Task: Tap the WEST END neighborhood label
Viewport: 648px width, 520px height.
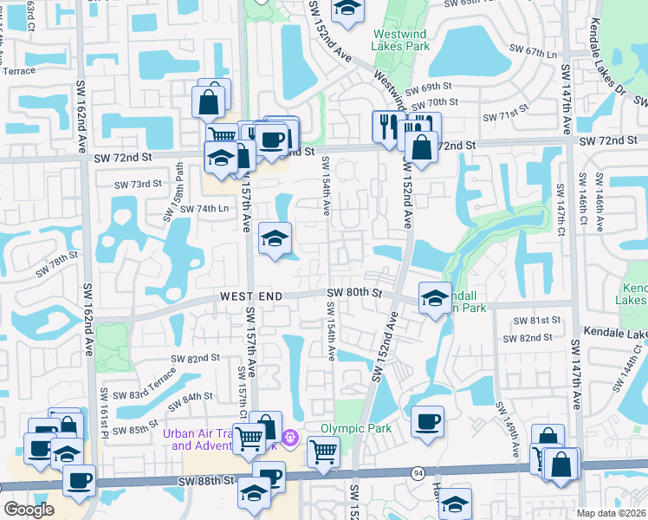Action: [251, 296]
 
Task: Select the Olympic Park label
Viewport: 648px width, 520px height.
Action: [356, 427]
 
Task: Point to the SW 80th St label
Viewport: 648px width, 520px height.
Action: [355, 294]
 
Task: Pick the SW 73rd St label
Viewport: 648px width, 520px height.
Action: [139, 184]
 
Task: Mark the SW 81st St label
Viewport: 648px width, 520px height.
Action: [533, 320]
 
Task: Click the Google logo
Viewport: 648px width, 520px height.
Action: [29, 510]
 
